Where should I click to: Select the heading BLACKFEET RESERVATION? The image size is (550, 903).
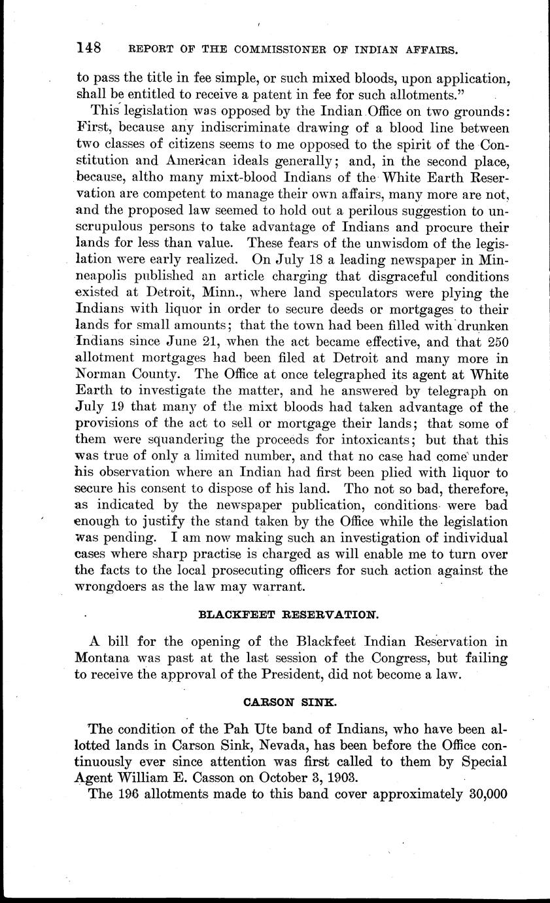click(288, 615)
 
